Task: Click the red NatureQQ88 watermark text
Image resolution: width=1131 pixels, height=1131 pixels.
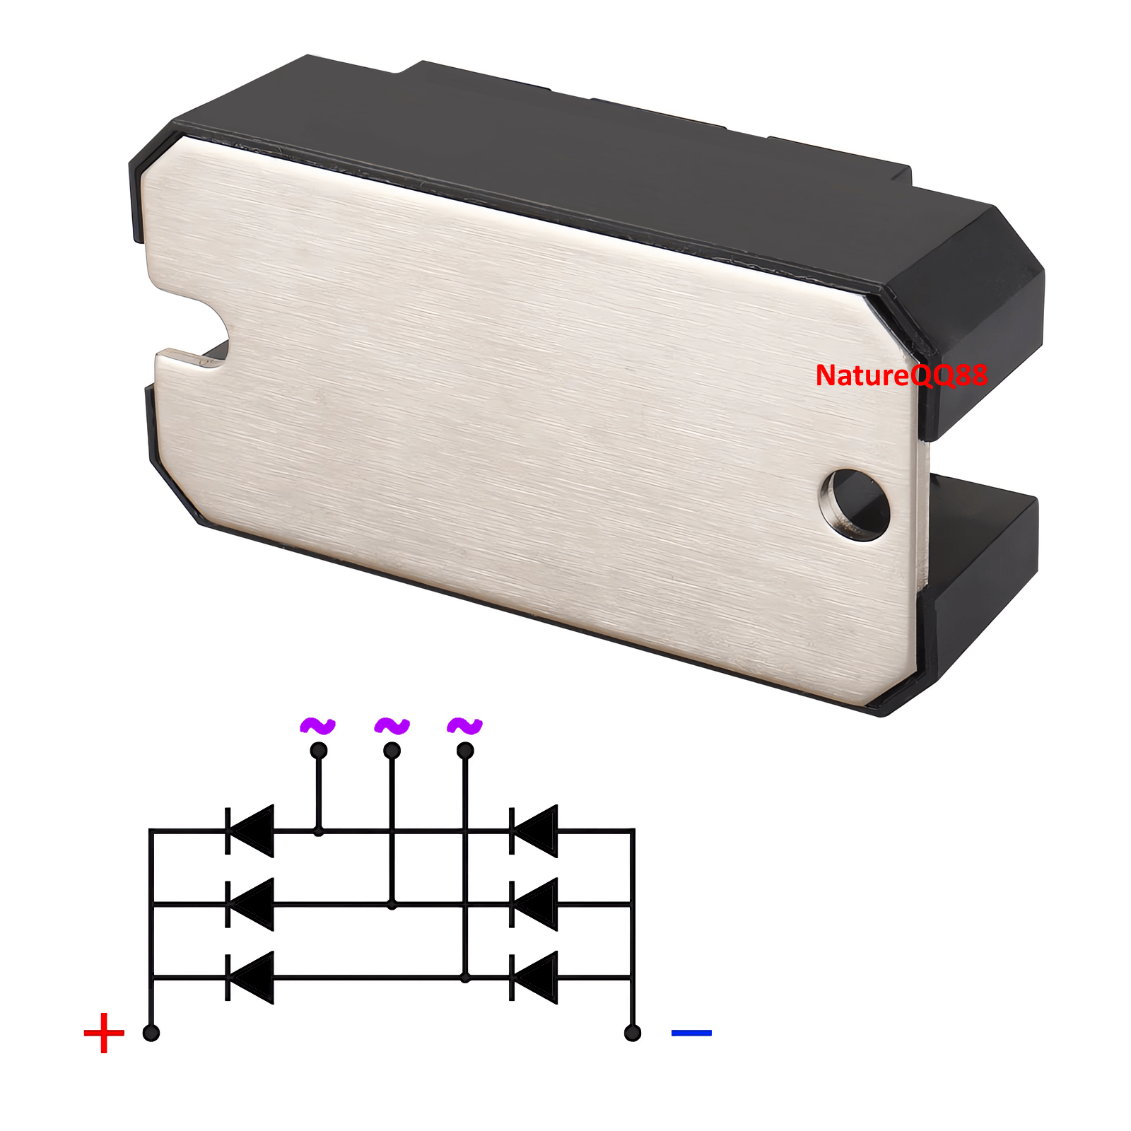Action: point(901,375)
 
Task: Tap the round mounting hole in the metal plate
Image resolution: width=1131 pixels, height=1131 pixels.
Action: point(855,505)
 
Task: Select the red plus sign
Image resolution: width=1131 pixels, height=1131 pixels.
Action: point(104,1033)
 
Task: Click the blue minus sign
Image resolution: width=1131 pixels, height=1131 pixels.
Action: point(691,1033)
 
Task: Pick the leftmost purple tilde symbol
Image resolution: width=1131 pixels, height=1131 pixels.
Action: point(318,726)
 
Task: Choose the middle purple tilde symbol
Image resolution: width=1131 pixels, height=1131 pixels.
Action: point(392,726)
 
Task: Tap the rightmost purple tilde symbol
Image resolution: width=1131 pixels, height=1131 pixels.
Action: point(465,726)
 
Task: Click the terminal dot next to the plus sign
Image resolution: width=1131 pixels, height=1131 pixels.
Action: point(151,1033)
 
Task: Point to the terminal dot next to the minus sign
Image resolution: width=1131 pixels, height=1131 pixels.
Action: point(633,1033)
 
